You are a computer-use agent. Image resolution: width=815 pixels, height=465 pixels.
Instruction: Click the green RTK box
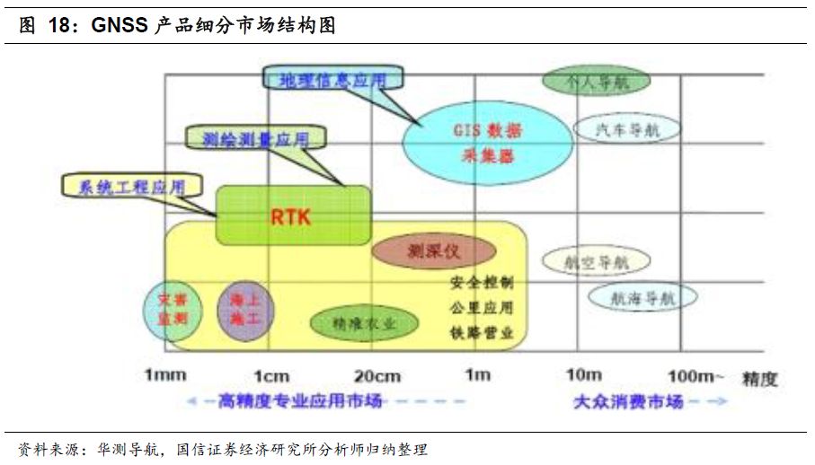(x=292, y=215)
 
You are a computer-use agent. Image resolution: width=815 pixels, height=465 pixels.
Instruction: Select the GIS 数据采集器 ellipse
(x=487, y=142)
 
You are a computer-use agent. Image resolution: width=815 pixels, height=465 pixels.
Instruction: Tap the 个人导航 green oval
(x=595, y=81)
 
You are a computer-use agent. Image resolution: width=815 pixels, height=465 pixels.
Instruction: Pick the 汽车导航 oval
(x=628, y=130)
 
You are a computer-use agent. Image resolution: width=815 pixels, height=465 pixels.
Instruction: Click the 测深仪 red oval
(x=434, y=251)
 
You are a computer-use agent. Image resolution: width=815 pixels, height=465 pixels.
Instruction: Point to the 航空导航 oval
(x=595, y=262)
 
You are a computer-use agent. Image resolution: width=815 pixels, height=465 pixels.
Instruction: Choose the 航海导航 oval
(x=642, y=298)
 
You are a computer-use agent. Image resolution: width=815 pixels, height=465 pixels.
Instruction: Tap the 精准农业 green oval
(x=364, y=324)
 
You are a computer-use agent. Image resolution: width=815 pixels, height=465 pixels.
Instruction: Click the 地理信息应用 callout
(x=332, y=80)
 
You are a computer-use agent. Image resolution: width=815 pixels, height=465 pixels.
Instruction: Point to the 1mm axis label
(x=164, y=375)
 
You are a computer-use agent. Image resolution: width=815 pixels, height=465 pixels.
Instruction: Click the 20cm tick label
(x=376, y=375)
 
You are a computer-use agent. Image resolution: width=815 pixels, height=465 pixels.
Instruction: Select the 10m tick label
(x=583, y=375)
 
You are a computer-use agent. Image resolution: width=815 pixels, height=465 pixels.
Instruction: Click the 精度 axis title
(x=759, y=379)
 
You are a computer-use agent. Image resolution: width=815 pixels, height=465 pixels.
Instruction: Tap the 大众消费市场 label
(x=628, y=401)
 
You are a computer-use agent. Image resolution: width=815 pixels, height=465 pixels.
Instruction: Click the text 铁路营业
(x=482, y=332)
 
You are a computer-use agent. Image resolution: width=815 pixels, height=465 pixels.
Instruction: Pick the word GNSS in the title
(x=118, y=25)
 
